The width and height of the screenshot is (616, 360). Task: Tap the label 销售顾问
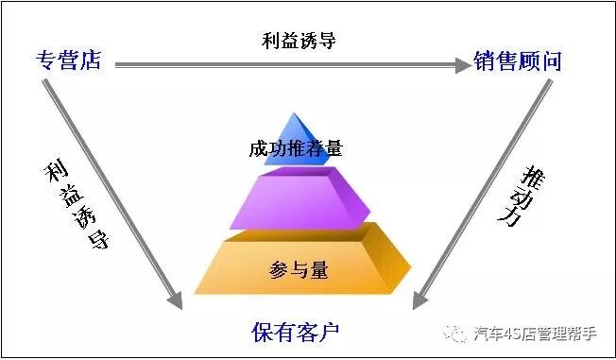519,62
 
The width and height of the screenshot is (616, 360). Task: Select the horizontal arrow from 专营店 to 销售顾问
283,65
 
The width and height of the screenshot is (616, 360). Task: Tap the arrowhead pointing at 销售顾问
462,65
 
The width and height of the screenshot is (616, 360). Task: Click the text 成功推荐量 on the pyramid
295,148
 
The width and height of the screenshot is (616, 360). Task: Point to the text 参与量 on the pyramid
295,270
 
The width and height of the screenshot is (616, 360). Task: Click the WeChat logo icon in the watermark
457,333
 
